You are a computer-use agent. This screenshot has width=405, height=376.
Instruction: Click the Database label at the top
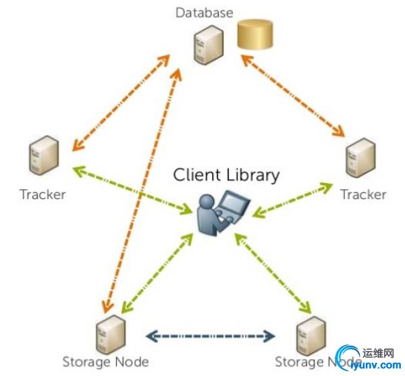205,12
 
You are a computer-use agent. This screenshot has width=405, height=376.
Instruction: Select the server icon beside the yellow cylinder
207,44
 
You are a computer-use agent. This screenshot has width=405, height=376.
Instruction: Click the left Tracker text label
43,194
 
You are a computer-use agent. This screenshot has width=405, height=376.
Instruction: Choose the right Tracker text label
363,194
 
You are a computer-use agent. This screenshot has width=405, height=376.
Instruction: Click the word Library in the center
252,175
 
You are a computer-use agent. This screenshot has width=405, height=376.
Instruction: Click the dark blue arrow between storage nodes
211,335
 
